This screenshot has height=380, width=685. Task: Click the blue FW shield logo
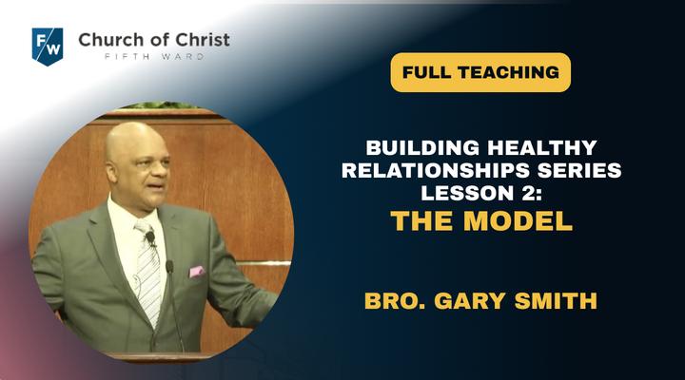tap(48, 47)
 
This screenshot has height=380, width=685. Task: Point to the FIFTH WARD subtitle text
tap(154, 57)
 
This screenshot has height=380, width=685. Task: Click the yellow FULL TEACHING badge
tap(480, 72)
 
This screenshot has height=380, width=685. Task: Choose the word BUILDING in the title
tap(422, 148)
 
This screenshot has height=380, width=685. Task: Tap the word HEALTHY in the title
tap(542, 148)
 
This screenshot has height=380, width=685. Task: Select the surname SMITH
tap(556, 300)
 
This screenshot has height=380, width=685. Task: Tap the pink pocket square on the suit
tap(197, 272)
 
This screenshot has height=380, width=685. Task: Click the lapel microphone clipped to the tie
tap(150, 238)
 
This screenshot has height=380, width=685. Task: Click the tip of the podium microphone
tap(169, 266)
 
